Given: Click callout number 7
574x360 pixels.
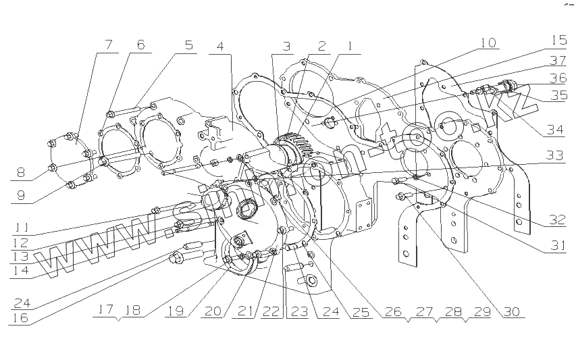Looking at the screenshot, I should [x=107, y=46].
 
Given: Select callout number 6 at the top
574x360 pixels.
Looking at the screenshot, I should [x=140, y=45].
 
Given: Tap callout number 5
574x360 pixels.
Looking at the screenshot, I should [x=188, y=46].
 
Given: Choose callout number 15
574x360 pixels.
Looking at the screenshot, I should [x=558, y=39].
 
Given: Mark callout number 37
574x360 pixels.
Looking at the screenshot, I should [x=558, y=60].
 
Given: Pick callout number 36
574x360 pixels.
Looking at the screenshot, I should [x=558, y=78].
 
